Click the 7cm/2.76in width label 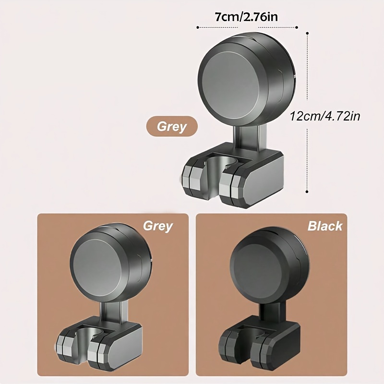pyautogui.click(x=246, y=17)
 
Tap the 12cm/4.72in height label pyautogui.click(x=325, y=116)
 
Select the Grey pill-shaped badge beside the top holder pyautogui.click(x=172, y=126)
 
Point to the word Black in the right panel pyautogui.click(x=325, y=226)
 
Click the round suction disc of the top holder pyautogui.click(x=246, y=81)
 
